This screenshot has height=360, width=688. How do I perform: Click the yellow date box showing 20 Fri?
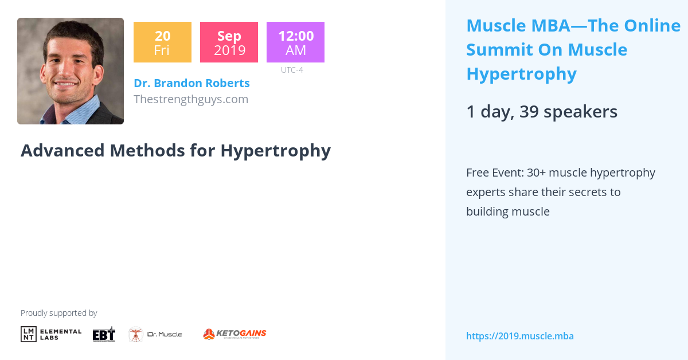162,42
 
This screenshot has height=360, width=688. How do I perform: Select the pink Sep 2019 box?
229,42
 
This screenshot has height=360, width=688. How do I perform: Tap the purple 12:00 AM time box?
295,42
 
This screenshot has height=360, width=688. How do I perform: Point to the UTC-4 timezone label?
292,70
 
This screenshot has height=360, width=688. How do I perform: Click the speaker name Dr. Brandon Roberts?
191,83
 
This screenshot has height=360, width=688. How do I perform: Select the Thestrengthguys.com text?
191,99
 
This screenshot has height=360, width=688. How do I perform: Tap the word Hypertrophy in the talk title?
275,150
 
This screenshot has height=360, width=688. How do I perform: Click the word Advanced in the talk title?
63,150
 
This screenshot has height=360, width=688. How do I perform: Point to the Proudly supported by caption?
58,313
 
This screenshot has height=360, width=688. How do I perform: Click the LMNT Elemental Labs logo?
51,334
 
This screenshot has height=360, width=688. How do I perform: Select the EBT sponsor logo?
104,334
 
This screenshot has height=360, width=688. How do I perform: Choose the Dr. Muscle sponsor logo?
155,334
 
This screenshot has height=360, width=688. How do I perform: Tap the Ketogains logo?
234,334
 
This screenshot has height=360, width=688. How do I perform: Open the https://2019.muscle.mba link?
519,336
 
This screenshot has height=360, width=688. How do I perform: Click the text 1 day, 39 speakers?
541,112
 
